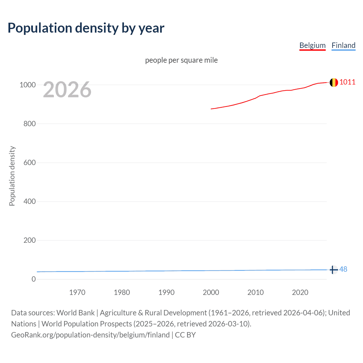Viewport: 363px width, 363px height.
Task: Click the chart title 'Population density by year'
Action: tap(86, 28)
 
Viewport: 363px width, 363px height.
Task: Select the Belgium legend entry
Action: tap(312, 45)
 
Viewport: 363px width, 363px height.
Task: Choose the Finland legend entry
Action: tap(343, 45)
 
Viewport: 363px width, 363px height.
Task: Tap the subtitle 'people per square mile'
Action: tap(181, 60)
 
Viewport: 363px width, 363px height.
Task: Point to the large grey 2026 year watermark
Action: tap(67, 90)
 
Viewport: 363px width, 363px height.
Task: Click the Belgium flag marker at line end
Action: tap(334, 83)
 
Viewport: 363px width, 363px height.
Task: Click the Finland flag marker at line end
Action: tap(334, 270)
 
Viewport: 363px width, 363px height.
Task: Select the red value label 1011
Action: tap(347, 82)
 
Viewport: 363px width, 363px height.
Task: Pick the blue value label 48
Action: tap(343, 269)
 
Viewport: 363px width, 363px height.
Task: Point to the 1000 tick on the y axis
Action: tap(28, 85)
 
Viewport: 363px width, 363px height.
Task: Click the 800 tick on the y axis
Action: tap(29, 124)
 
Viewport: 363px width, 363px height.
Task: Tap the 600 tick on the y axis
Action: tap(29, 162)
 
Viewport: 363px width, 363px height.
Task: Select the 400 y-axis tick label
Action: tap(29, 201)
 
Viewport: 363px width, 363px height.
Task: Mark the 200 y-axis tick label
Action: tap(29, 240)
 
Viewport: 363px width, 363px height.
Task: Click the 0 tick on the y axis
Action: tap(34, 279)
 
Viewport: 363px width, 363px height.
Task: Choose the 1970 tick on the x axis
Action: tap(77, 292)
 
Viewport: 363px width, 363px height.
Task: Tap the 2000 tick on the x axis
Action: tap(211, 292)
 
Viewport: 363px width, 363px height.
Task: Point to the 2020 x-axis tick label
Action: tap(300, 292)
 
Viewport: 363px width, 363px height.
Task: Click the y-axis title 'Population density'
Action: tap(12, 176)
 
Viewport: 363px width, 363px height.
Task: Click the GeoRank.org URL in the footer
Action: tap(90, 335)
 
